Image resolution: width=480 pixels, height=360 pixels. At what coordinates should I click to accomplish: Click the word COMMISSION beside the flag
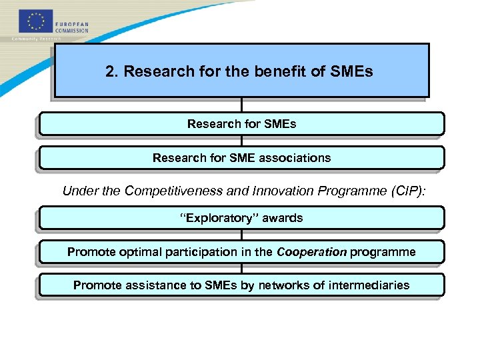(x=72, y=30)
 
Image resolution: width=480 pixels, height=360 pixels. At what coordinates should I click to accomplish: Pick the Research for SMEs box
(x=241, y=124)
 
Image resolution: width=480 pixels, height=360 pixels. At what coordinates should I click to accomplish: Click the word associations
(x=295, y=158)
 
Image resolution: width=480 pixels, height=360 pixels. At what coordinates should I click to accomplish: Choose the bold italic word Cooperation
(x=311, y=252)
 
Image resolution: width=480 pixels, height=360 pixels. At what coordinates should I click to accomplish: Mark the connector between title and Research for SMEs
(x=241, y=105)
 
